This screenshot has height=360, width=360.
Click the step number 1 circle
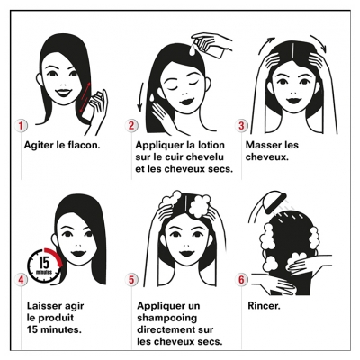pyautogui.click(x=21, y=126)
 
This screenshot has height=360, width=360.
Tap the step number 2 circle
pyautogui.click(x=131, y=126)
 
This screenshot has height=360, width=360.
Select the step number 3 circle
pyautogui.click(x=241, y=126)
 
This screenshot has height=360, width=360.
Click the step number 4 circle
pyautogui.click(x=21, y=280)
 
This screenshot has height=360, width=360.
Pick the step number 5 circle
pyautogui.click(x=131, y=280)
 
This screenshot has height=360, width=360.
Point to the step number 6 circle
pyautogui.click(x=241, y=280)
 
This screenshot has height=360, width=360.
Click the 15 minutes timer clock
pyautogui.click(x=45, y=265)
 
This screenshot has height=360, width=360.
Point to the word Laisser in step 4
pyautogui.click(x=43, y=306)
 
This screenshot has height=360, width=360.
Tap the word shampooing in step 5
pyautogui.click(x=167, y=318)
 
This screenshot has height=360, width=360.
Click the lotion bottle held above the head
pyautogui.click(x=209, y=48)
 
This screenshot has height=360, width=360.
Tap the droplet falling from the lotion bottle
pyautogui.click(x=192, y=50)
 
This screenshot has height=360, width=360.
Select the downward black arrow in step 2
pyautogui.click(x=139, y=97)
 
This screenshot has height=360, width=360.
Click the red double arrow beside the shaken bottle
pyautogui.click(x=85, y=98)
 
